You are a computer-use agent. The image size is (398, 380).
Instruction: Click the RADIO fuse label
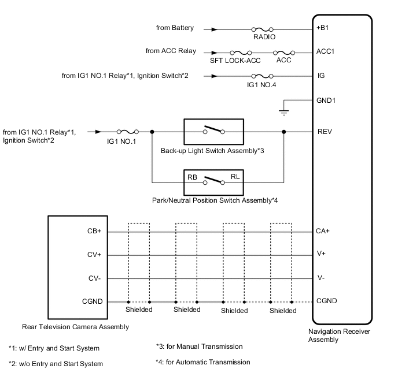point(263,36)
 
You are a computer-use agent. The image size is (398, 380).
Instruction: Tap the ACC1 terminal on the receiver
point(326,51)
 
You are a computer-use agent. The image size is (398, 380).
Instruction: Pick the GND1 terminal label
point(326,100)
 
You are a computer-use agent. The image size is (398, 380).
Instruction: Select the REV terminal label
point(324,131)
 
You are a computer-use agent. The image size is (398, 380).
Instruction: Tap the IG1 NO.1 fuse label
point(122,141)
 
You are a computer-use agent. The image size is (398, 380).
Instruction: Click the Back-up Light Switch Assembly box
point(214,132)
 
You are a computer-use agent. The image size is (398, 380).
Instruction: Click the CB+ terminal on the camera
point(94,231)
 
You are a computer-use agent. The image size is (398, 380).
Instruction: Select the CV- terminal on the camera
point(94,278)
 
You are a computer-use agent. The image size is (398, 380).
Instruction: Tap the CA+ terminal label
point(323,231)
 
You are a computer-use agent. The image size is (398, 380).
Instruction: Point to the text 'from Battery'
point(175,27)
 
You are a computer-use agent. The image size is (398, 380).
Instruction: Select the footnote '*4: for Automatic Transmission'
point(203,362)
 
